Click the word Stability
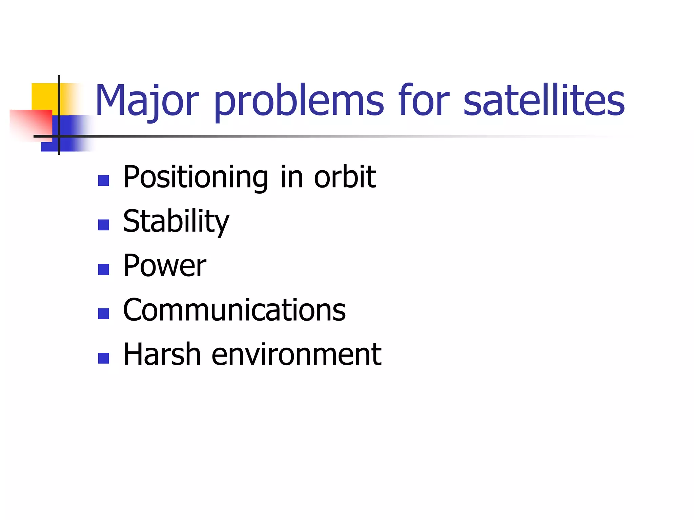click(x=176, y=221)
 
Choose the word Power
click(x=165, y=266)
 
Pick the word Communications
click(x=234, y=310)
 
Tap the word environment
click(x=297, y=354)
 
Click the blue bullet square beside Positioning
click(x=103, y=180)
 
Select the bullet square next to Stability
click(x=103, y=225)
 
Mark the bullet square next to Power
click(x=103, y=269)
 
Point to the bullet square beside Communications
click(x=103, y=313)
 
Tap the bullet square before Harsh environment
click(x=103, y=358)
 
